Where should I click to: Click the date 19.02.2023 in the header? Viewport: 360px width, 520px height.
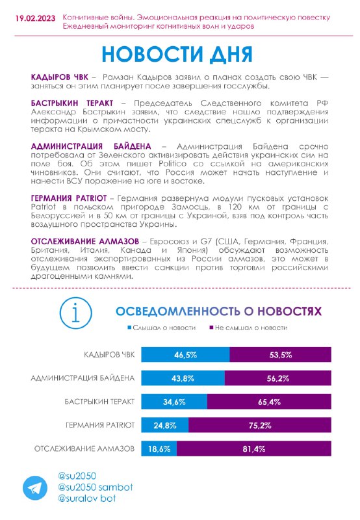(35, 18)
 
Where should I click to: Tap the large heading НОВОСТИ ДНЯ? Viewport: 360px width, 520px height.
(177, 54)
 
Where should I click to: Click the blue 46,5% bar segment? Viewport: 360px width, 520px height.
(185, 354)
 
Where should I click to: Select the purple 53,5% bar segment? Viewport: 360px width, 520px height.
(281, 354)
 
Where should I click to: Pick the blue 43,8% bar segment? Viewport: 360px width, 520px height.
(183, 378)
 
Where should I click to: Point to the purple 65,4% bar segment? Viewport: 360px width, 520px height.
(269, 402)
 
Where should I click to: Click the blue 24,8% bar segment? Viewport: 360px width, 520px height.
(165, 425)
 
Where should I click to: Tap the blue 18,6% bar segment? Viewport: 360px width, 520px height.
(159, 448)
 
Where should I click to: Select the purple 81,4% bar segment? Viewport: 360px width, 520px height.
(254, 448)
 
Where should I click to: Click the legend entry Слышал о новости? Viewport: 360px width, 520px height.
(162, 328)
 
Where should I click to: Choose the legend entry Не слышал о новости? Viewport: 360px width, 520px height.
(248, 328)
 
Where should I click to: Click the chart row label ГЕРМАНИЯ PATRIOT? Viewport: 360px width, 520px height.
(100, 425)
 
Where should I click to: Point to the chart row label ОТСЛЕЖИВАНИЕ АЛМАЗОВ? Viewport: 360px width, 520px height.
(84, 448)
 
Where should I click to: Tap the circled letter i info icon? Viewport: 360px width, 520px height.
(76, 313)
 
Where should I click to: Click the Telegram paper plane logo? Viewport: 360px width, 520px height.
(35, 488)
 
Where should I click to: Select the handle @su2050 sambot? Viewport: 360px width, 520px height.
(96, 487)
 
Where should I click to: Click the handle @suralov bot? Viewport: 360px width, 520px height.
(87, 498)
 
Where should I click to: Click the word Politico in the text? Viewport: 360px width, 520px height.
(172, 164)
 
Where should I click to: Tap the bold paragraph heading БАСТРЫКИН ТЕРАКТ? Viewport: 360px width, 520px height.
(72, 103)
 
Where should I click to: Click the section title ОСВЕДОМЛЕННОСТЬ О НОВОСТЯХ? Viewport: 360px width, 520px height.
(218, 311)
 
